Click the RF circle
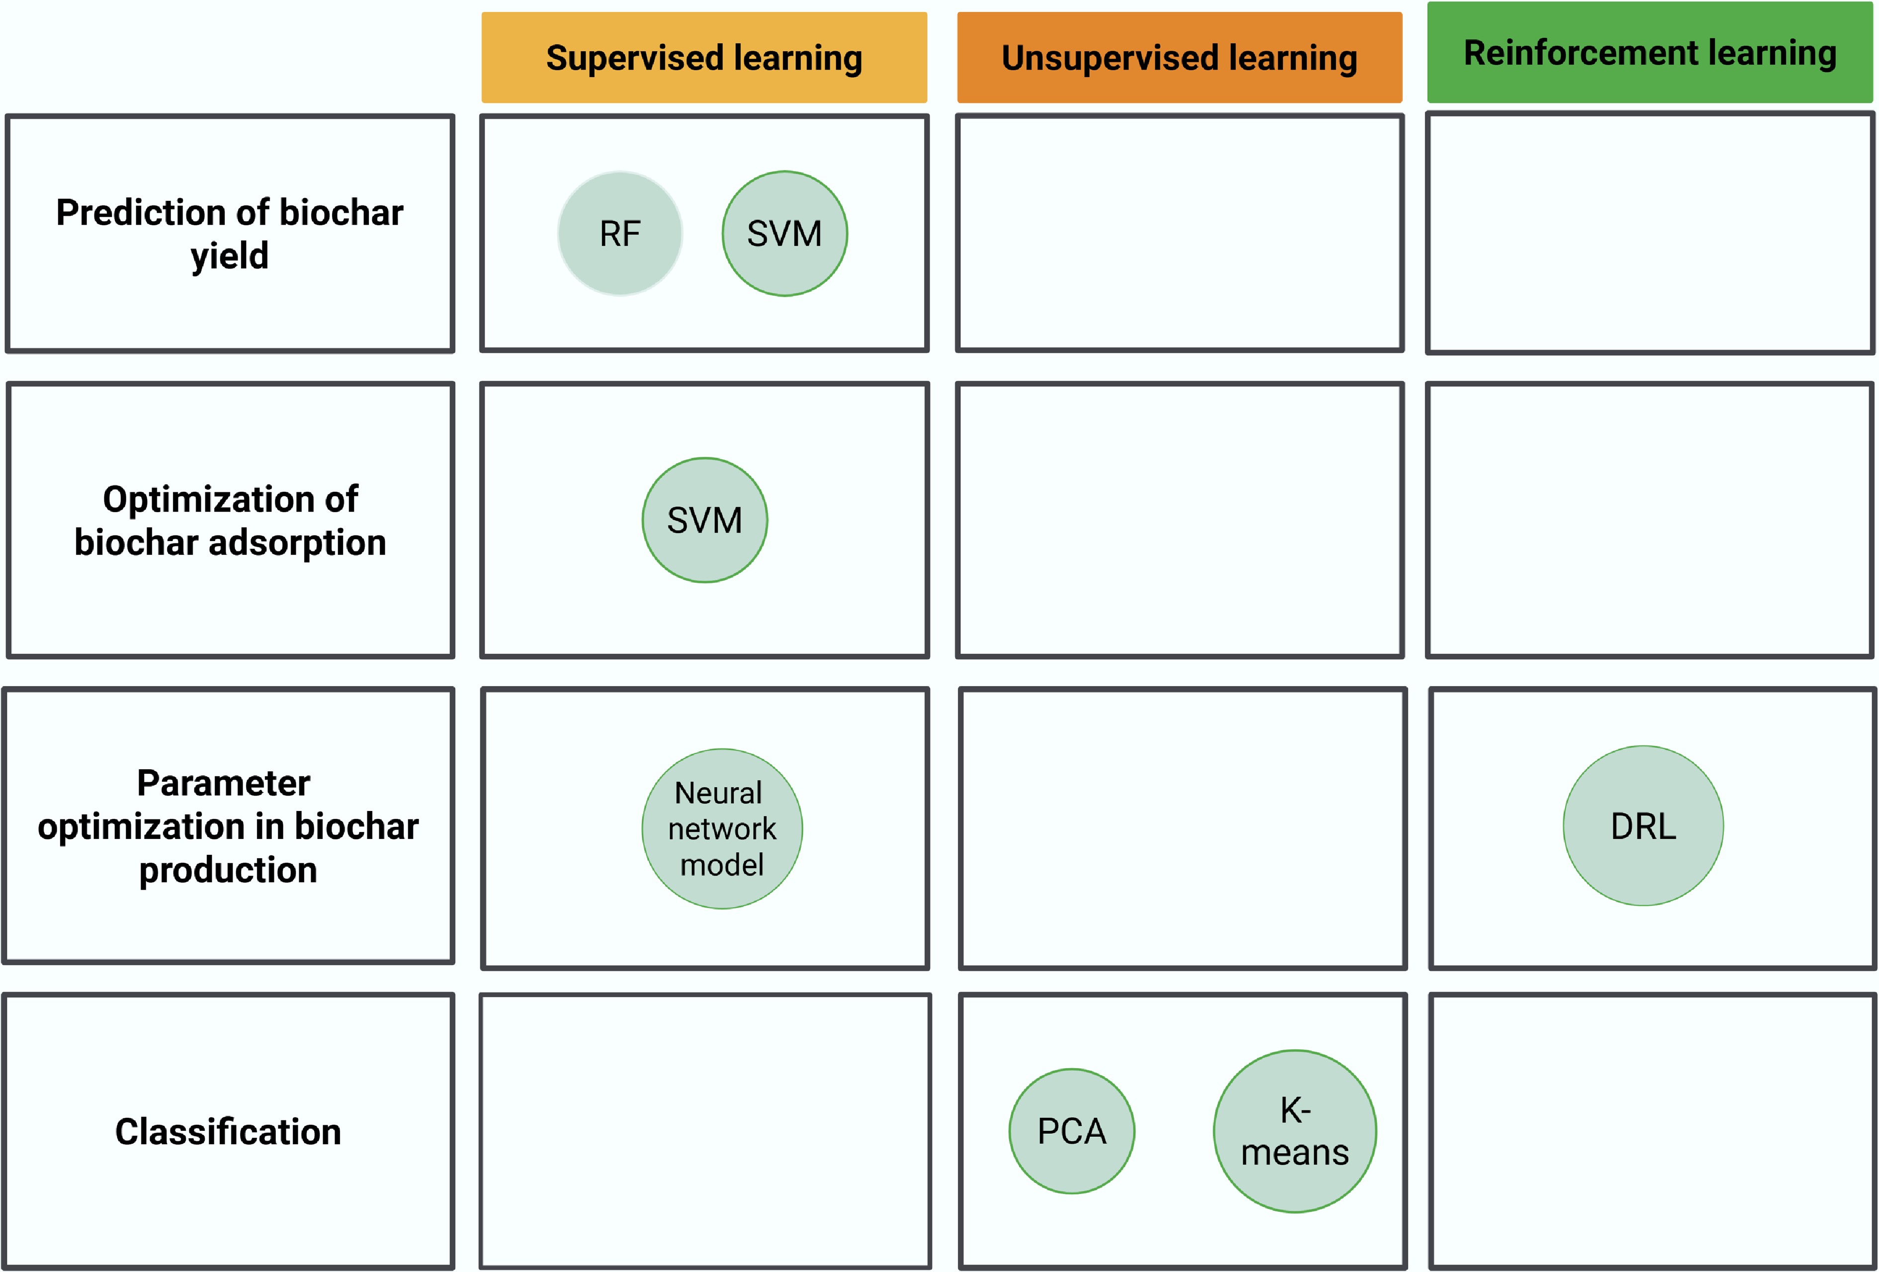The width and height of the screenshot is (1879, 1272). [620, 234]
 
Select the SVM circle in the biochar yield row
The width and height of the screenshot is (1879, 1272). [784, 234]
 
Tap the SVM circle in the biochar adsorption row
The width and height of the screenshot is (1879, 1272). [704, 520]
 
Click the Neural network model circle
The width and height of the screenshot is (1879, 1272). [722, 829]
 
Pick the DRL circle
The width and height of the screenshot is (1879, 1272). [1643, 825]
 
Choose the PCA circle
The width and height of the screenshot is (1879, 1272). [1071, 1130]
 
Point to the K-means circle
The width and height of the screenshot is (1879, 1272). [1294, 1130]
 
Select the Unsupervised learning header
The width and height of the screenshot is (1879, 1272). [1179, 57]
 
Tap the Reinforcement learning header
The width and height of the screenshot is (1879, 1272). [1649, 53]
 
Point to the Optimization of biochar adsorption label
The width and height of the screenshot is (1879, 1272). [230, 520]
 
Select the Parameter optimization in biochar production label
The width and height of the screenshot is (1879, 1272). [228, 825]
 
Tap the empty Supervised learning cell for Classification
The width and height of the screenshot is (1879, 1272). [705, 1130]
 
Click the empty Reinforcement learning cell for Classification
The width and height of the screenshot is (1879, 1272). [1653, 1130]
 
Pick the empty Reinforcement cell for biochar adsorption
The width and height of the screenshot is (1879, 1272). [1649, 520]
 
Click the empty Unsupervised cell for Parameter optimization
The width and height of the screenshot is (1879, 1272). [1182, 828]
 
